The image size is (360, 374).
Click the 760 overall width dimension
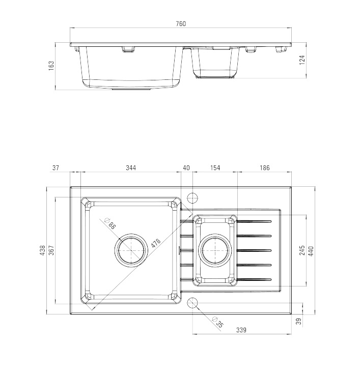(181, 24)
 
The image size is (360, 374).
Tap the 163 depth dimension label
(51, 66)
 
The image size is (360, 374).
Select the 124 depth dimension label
(302, 60)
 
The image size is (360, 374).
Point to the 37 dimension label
(56, 168)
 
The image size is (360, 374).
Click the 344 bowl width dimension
(131, 168)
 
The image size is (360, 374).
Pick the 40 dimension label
(186, 168)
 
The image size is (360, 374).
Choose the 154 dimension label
(215, 168)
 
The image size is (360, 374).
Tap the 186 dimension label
(264, 168)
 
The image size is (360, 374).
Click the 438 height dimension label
(42, 250)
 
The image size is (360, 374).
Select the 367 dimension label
(51, 250)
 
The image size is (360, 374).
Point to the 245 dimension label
(302, 250)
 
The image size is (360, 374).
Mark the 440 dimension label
(311, 251)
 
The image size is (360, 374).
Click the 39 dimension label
(299, 321)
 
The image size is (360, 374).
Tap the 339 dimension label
(241, 330)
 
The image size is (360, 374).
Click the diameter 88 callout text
(110, 223)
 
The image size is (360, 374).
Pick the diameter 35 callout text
(218, 322)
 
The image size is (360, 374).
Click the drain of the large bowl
(131, 250)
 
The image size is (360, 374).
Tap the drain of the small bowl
(215, 250)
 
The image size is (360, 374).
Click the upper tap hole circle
(192, 198)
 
